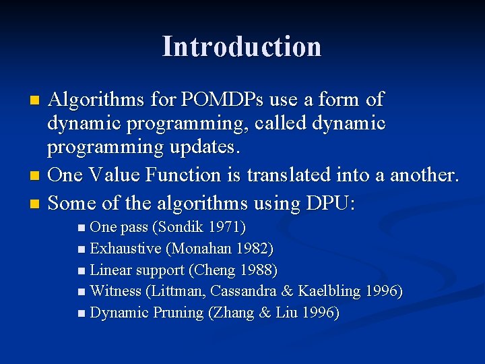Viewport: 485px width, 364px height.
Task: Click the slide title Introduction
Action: click(242, 47)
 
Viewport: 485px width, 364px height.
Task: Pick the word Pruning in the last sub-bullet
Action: click(177, 313)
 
